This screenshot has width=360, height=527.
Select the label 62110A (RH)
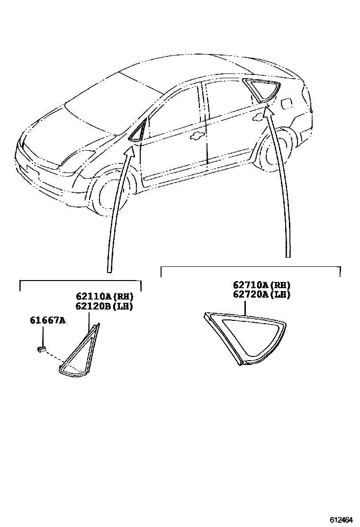(x=104, y=298)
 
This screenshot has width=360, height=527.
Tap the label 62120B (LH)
(x=104, y=306)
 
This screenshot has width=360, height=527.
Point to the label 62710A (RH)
(x=261, y=285)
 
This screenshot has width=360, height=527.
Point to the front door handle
(x=195, y=137)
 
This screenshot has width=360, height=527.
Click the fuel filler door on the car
(x=288, y=102)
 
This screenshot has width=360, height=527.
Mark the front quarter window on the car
(x=139, y=131)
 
